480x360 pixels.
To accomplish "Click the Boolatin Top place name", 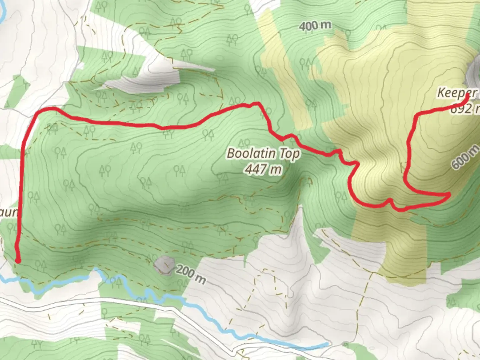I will (263, 154).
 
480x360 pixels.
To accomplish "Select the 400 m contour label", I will (315, 25).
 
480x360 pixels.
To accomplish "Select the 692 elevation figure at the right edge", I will (465, 108).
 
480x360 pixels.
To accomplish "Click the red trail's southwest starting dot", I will (18, 261).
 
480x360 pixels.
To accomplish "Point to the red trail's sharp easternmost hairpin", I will (449, 194).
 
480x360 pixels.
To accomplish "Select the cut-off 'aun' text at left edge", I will (8, 212).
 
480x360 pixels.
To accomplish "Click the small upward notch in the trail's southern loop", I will (389, 200).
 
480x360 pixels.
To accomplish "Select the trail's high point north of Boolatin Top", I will (256, 103).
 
